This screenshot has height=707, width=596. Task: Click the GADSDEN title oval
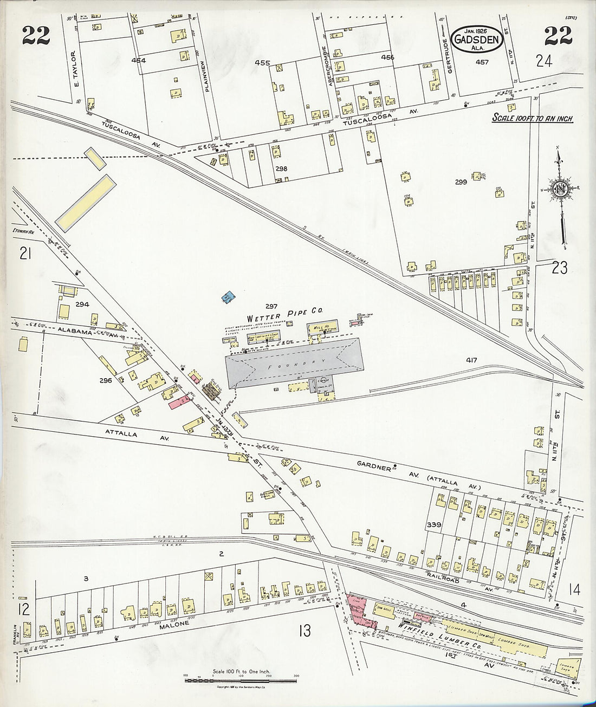[x=478, y=40]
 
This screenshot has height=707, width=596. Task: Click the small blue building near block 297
[x=229, y=296]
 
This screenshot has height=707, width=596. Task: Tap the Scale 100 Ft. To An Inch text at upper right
[x=532, y=118]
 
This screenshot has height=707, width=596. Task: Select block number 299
[x=461, y=183]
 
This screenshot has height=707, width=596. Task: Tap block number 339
[x=433, y=525]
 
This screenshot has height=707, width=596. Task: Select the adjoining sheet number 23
[x=560, y=267]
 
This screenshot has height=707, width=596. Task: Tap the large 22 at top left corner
[x=36, y=37]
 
